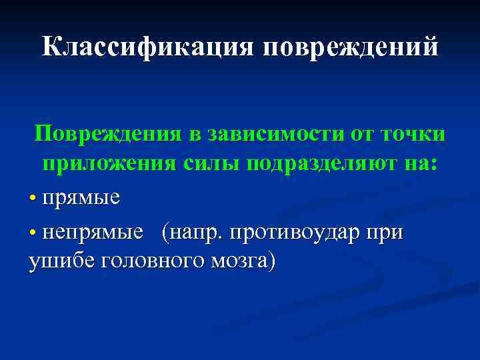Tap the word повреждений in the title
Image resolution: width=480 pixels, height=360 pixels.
(x=351, y=47)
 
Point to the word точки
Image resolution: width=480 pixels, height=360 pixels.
(x=413, y=134)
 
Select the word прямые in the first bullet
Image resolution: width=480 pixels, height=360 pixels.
(x=81, y=198)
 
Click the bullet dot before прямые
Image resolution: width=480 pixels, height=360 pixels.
(x=33, y=199)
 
